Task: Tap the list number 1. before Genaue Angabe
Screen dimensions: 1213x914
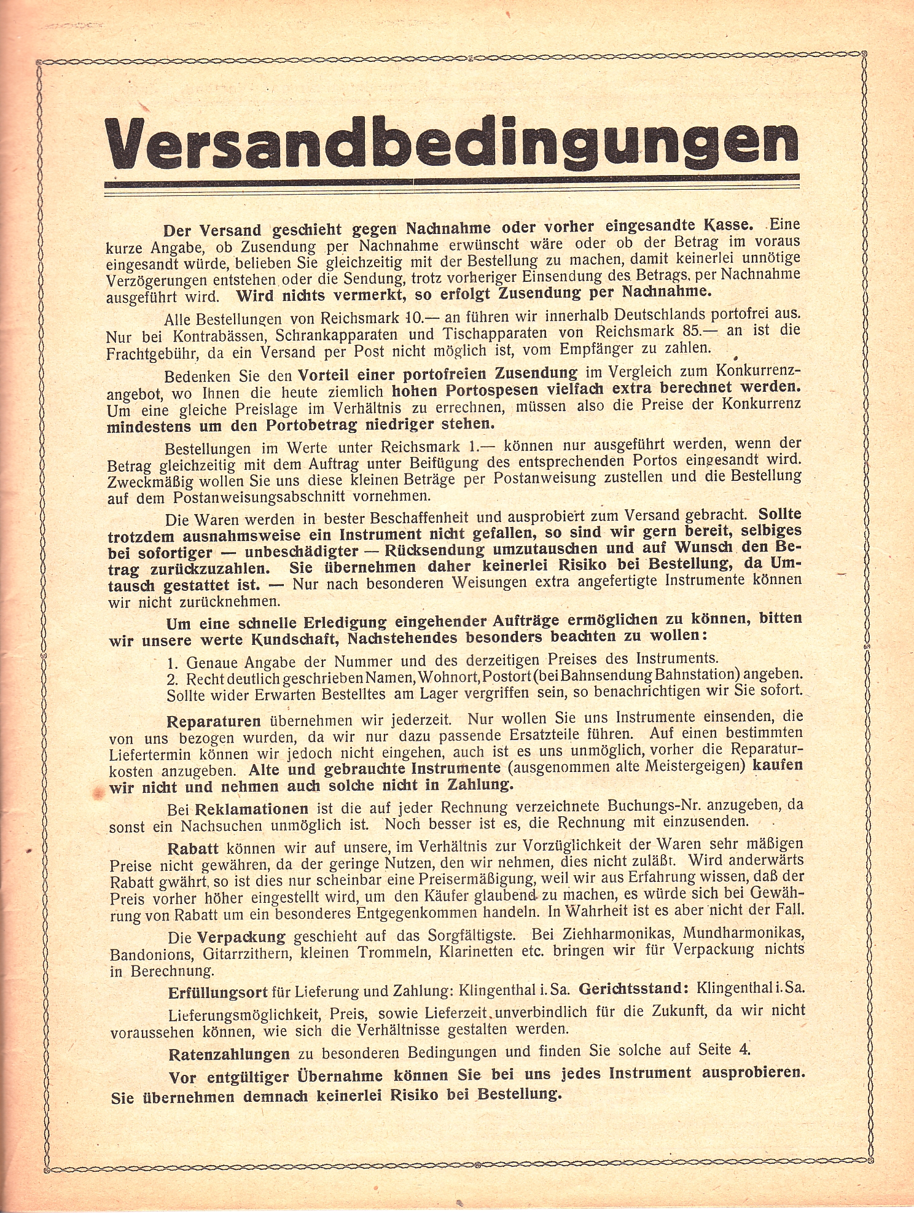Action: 173,663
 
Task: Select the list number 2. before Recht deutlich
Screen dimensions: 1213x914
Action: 173,680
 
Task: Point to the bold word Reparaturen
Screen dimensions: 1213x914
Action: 214,721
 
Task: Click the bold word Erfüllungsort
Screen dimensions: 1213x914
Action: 217,993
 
